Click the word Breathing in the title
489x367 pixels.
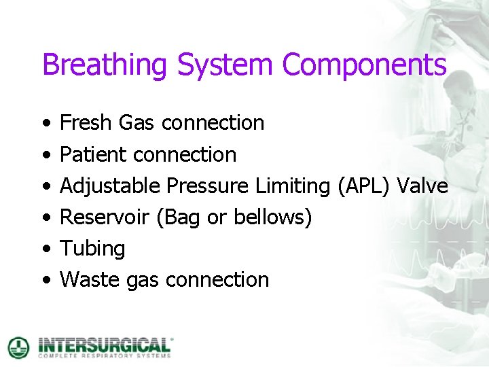(105, 66)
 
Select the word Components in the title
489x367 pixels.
(364, 65)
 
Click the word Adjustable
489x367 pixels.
(110, 186)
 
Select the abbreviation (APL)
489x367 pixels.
(364, 186)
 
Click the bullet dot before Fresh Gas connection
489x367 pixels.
(45, 124)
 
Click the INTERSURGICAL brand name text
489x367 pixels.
(105, 344)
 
